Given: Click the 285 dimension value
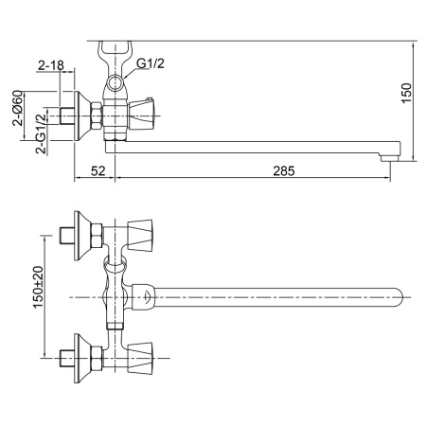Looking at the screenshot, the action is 284,171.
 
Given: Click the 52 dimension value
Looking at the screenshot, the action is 98,171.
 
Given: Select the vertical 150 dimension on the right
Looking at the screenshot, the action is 407,93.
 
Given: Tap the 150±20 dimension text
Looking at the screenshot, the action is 39,287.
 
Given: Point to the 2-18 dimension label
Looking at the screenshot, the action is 51,65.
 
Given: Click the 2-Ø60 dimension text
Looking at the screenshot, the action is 18,108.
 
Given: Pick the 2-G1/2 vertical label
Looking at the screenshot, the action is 41,133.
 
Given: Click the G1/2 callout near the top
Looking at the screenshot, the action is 151,63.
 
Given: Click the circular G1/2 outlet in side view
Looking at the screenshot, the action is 115,83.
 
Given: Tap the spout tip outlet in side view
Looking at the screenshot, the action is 391,157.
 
